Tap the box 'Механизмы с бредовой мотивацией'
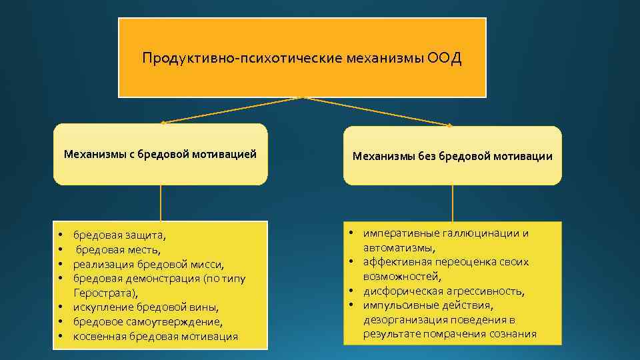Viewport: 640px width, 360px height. tap(160, 154)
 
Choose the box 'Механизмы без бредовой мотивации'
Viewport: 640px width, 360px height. tap(452, 156)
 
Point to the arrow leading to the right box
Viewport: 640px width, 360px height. tap(380, 111)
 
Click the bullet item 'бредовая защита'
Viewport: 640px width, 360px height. tap(120, 235)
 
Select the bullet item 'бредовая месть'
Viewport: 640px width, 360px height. tap(118, 249)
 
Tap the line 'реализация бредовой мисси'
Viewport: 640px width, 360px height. tap(148, 264)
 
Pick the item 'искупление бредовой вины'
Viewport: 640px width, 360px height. tap(145, 307)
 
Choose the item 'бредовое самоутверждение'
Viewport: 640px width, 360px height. tap(148, 322)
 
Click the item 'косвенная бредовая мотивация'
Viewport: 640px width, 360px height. tap(155, 337)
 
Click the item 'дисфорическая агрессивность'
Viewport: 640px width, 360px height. tap(444, 291)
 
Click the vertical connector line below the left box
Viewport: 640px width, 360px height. tap(160, 203)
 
